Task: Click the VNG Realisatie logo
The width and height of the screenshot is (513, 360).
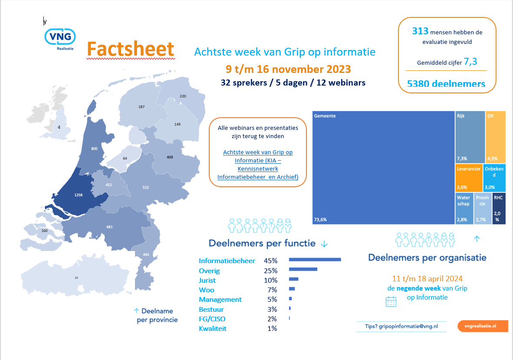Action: coord(60,38)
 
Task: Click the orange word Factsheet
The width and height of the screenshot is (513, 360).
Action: coord(131,49)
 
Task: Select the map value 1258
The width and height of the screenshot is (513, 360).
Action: coord(79,195)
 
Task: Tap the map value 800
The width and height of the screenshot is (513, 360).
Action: coord(94,149)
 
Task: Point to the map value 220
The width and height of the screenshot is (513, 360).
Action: coord(183,96)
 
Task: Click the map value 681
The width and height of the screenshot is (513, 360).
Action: coord(109,227)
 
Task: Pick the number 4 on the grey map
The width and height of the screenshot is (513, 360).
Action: coord(59,127)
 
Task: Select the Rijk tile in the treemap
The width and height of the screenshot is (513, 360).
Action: coord(470,137)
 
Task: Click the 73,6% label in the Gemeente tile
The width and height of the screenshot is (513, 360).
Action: coord(320,220)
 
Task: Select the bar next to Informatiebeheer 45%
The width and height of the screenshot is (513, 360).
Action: coord(315,260)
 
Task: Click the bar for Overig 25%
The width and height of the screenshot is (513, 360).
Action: coord(303,270)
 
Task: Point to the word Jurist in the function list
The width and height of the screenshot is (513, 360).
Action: coord(207,280)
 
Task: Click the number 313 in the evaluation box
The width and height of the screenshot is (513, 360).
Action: coord(420,31)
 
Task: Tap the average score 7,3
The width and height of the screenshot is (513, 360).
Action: coord(470,62)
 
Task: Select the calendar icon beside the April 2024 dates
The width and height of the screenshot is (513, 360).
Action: coord(391,301)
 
